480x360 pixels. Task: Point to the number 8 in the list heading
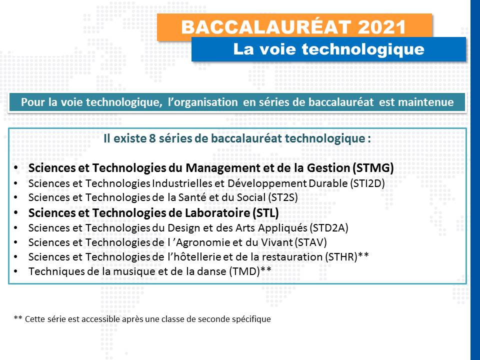(152, 138)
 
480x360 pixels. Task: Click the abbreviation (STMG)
(373, 168)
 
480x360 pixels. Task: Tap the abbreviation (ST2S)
(282, 197)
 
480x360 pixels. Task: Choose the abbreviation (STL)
(265, 213)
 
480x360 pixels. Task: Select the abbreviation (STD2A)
(329, 228)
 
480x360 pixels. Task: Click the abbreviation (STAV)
(310, 242)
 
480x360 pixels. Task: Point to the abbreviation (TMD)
(244, 271)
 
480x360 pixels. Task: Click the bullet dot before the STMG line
(15, 168)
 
